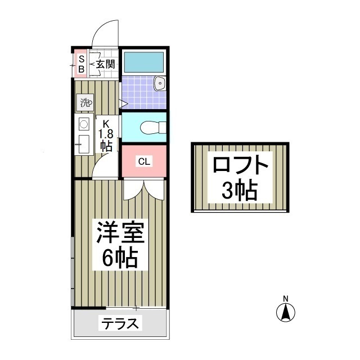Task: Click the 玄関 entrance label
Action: point(105,64)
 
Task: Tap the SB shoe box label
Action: point(81,64)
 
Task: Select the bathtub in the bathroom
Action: point(143,60)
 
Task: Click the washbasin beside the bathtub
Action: point(160,84)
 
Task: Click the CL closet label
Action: point(144,161)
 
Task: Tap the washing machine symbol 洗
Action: point(85,103)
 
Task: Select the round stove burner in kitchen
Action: point(83,124)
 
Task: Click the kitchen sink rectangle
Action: point(83,145)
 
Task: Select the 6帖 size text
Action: point(120,258)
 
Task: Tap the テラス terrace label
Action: point(120,324)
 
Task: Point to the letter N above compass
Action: point(285,298)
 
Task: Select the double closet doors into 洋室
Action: point(144,190)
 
